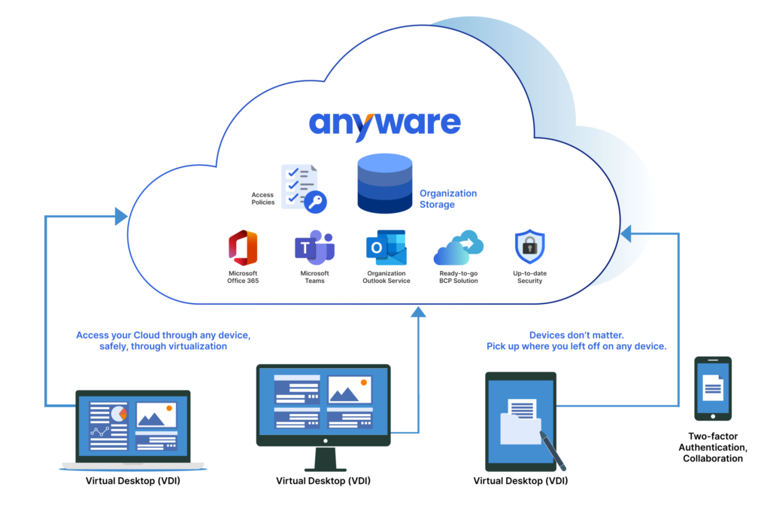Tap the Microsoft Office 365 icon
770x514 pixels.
tap(242, 248)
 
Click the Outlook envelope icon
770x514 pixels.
tap(386, 248)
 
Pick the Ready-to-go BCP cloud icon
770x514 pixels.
tap(458, 248)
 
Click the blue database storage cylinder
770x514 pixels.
tap(383, 184)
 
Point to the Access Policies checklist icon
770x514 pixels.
tap(299, 187)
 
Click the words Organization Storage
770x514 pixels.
tap(448, 199)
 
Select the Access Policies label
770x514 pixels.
tap(262, 199)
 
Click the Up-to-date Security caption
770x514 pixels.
tap(529, 277)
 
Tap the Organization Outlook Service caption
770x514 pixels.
tap(387, 277)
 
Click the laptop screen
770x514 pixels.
tap(133, 426)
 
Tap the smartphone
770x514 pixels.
tap(712, 388)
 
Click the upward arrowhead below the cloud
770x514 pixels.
tap(418, 309)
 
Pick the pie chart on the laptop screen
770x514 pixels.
tap(118, 413)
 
